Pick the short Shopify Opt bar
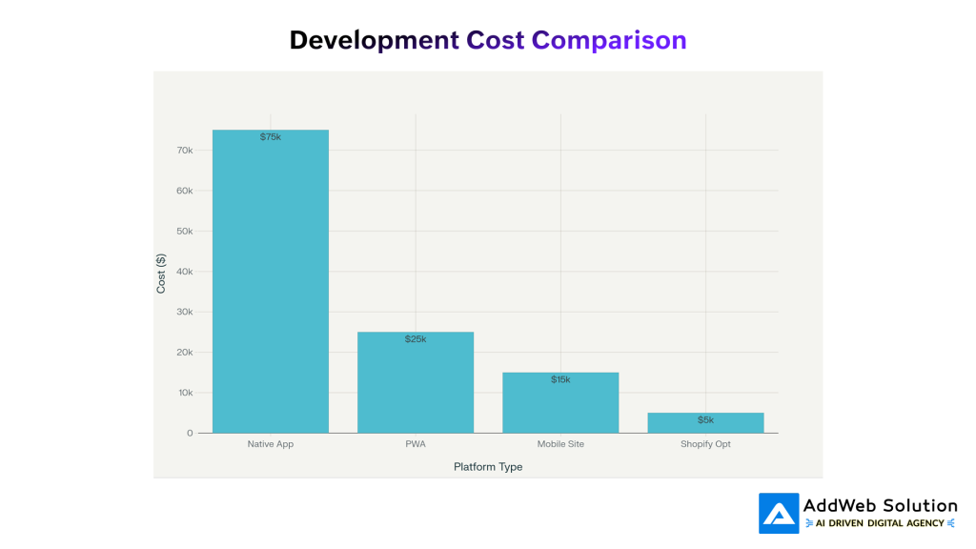click(x=705, y=423)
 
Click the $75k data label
click(x=271, y=137)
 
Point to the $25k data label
click(x=416, y=339)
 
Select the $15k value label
click(x=560, y=379)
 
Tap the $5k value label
click(x=705, y=420)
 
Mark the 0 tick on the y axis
click(x=190, y=433)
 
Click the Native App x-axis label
click(x=271, y=444)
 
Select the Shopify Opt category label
click(x=705, y=444)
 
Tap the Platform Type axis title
click(x=488, y=467)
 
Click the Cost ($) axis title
click(x=161, y=273)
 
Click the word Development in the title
click(x=374, y=40)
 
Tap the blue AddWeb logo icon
click(x=779, y=513)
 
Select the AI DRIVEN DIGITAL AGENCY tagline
click(x=881, y=523)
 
